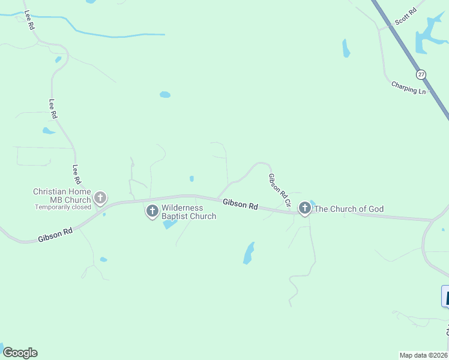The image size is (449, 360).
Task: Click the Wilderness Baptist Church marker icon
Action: click(152, 211)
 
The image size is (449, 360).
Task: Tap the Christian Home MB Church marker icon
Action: click(100, 197)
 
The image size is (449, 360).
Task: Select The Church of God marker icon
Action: click(305, 208)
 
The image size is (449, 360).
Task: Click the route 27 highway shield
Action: click(421, 74)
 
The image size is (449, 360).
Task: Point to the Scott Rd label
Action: click(405, 17)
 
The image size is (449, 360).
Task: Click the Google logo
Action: click(20, 353)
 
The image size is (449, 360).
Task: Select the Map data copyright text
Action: click(424, 355)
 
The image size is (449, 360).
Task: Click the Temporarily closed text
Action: click(63, 207)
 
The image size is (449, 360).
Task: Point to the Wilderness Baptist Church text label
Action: click(188, 212)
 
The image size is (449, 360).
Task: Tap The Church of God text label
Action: click(349, 209)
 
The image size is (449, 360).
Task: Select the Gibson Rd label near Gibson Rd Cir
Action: click(240, 204)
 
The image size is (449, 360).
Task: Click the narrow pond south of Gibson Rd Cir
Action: click(249, 253)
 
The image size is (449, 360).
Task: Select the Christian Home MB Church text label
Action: click(62, 196)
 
